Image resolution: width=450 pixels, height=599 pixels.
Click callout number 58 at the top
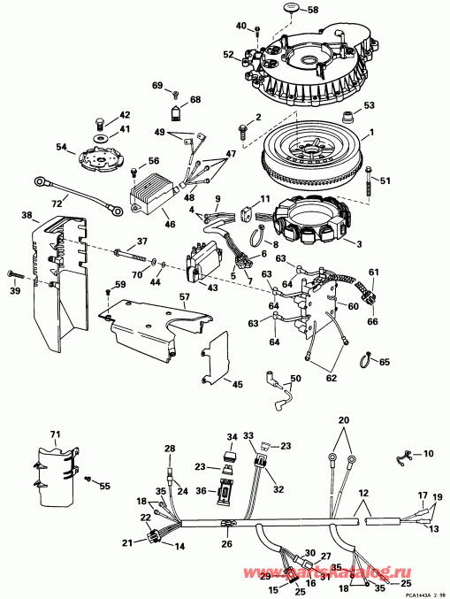tap(312, 10)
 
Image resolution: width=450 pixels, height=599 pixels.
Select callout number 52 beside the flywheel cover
tap(228, 54)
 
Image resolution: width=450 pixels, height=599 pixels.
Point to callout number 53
tap(369, 105)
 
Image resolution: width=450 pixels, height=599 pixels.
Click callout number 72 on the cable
tap(58, 204)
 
